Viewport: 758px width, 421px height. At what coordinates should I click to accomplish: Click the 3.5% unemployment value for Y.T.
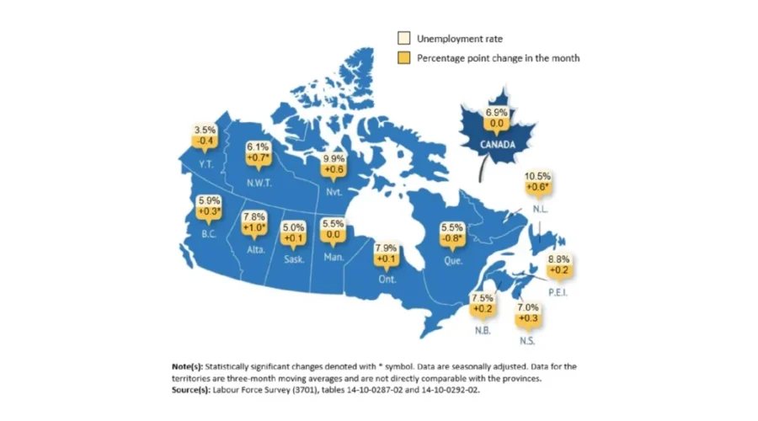205,131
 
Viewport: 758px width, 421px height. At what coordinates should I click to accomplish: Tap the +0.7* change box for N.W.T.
257,157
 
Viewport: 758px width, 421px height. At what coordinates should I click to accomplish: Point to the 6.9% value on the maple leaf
496,113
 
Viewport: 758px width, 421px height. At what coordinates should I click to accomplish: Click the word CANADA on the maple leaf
497,143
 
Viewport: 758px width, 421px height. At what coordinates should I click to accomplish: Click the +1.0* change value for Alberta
254,227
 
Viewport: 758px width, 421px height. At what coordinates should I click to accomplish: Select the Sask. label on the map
294,259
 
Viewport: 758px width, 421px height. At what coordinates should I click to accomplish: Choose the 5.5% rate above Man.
333,225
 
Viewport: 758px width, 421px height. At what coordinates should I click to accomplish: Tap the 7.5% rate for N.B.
482,298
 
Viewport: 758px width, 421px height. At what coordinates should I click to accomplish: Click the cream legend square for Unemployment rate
404,38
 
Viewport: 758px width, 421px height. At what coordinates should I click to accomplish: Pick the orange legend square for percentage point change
404,58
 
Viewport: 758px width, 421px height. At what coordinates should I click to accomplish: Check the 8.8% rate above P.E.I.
558,259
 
